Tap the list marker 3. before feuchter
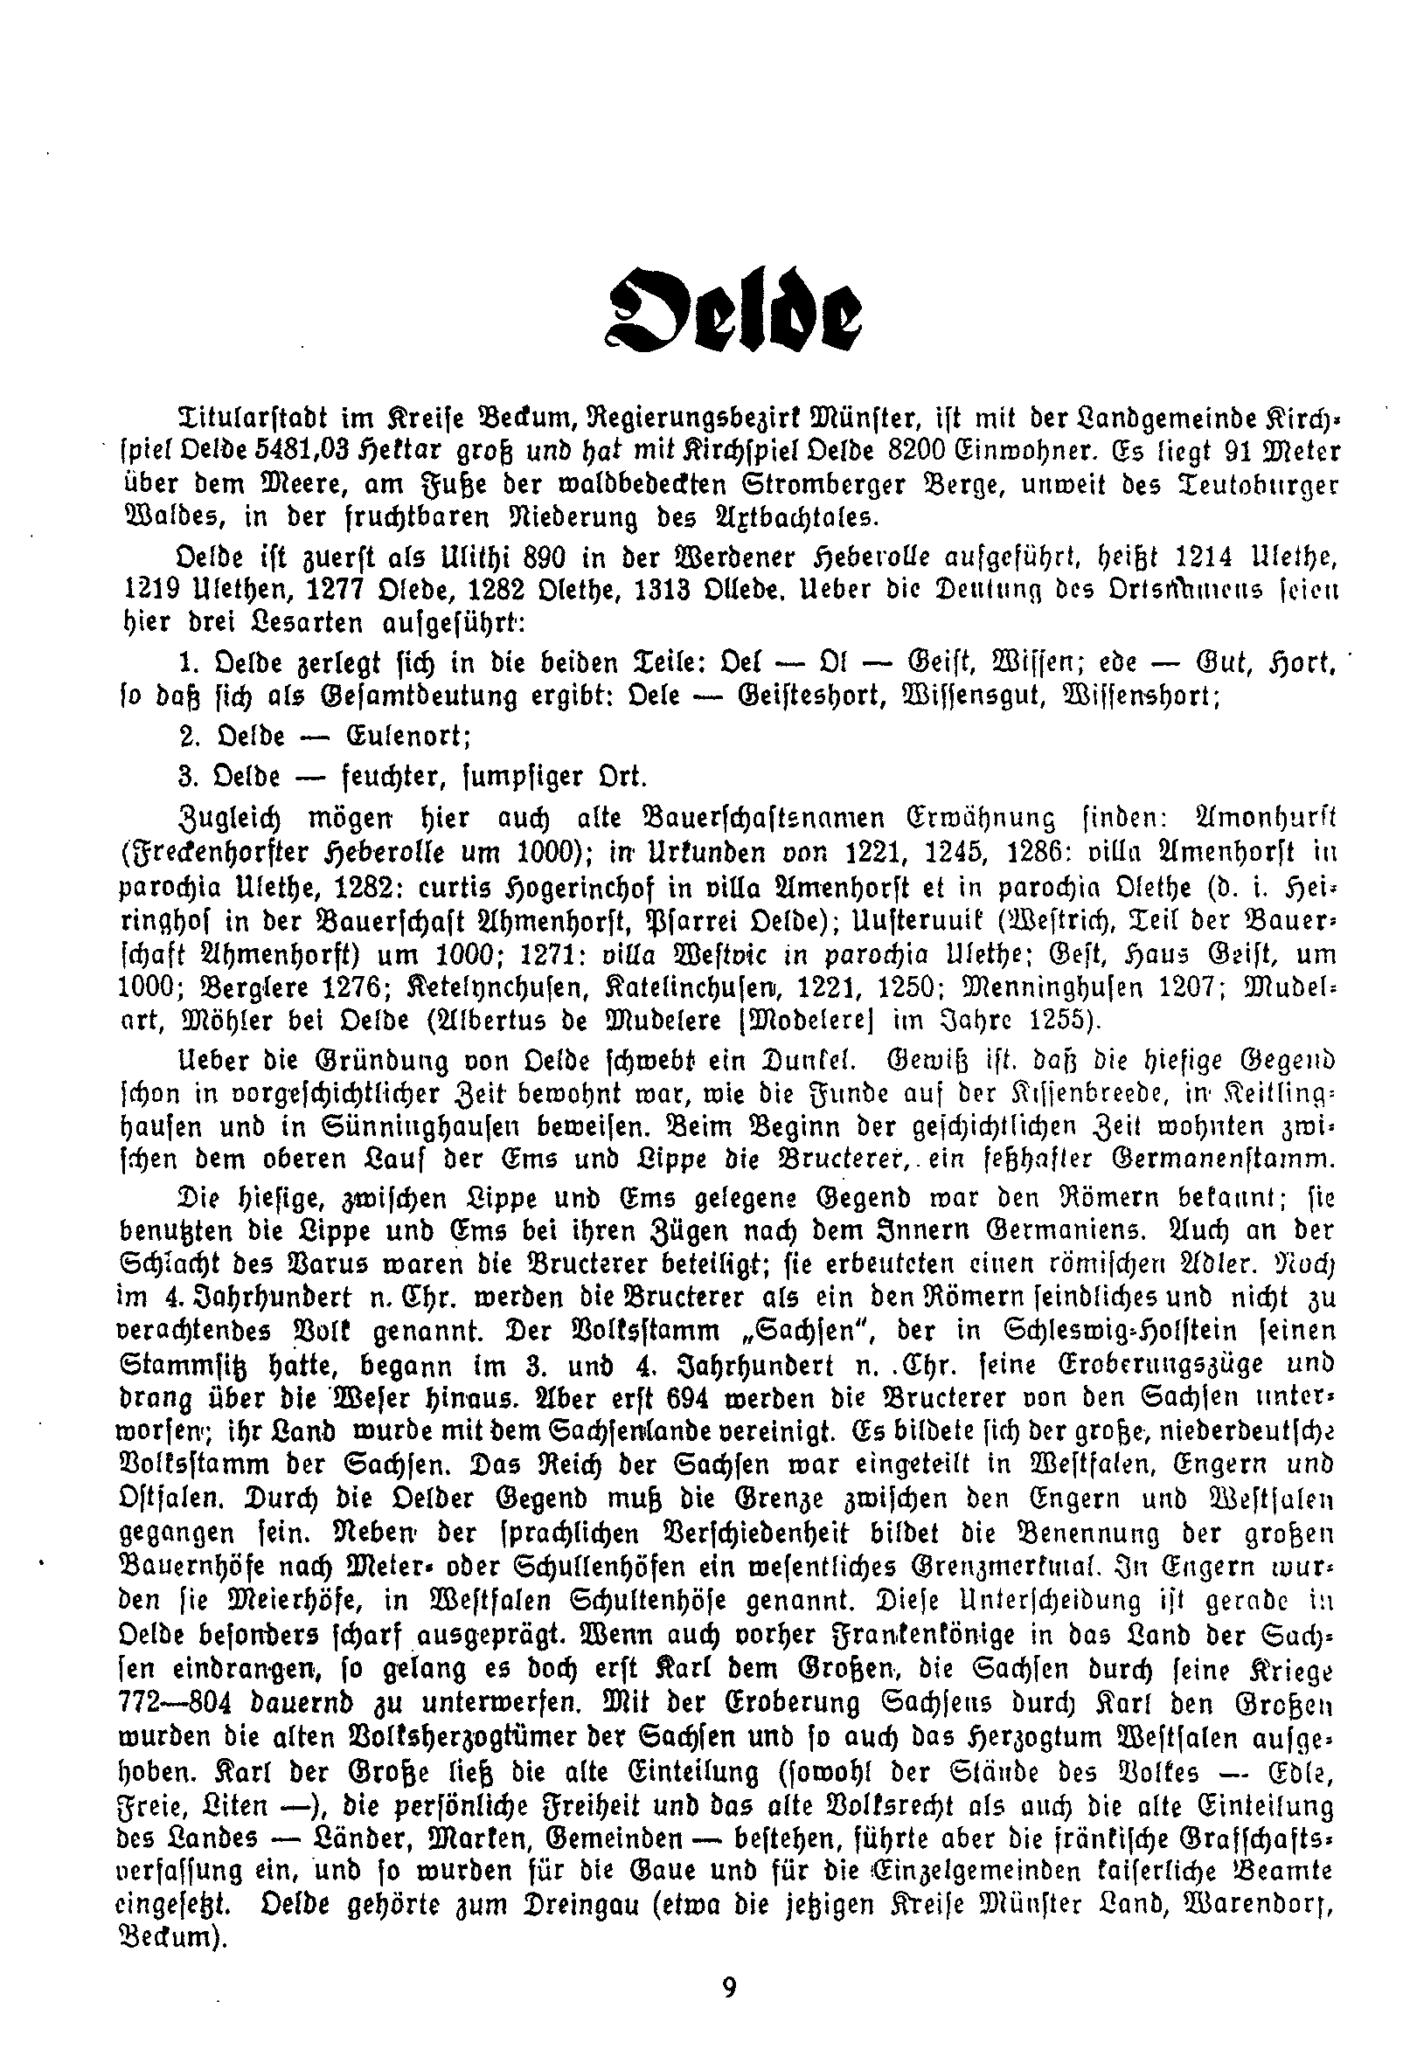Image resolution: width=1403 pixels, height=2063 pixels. [185, 776]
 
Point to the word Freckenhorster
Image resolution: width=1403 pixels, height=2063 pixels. [226, 850]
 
